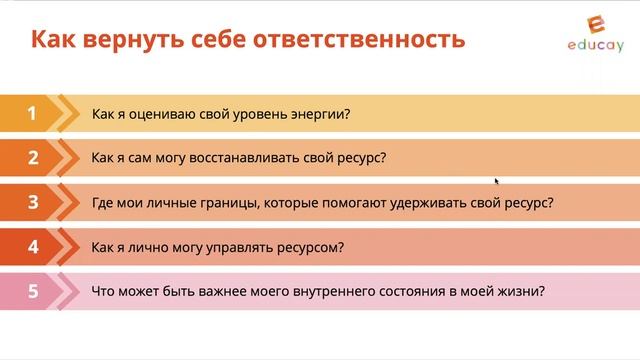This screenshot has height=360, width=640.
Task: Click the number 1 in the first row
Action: point(32,113)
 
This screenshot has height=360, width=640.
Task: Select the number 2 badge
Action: point(32,157)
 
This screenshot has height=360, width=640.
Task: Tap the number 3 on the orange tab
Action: point(32,202)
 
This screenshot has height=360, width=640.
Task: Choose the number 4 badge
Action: point(32,246)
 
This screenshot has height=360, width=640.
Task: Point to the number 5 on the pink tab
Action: point(32,291)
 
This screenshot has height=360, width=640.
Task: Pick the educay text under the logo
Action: point(594,47)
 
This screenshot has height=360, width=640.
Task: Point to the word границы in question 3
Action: point(207,202)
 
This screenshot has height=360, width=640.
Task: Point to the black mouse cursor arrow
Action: point(497,181)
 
